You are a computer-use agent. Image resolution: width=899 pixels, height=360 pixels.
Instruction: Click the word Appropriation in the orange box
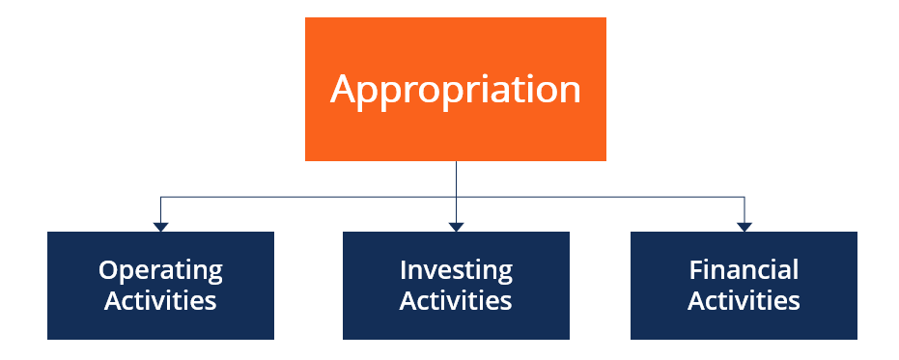[x=455, y=90]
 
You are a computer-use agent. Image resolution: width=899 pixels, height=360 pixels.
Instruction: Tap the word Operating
[x=160, y=270]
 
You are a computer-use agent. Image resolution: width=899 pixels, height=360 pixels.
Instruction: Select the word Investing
[x=456, y=270]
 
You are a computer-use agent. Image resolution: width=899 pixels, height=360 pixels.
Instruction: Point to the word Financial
[x=744, y=270]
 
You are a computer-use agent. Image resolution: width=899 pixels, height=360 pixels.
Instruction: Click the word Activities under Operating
[x=160, y=300]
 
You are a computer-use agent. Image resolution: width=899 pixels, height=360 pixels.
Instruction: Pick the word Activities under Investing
[x=456, y=300]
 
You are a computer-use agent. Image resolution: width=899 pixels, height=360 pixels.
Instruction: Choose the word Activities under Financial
[x=744, y=300]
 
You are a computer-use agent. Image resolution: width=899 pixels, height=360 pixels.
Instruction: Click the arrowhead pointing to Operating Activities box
[x=160, y=226]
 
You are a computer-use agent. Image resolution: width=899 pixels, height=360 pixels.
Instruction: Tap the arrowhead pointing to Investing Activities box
[x=456, y=226]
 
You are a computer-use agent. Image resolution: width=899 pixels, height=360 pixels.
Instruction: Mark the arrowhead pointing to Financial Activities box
[x=744, y=226]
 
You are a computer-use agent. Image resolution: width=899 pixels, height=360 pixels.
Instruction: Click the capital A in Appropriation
[x=343, y=89]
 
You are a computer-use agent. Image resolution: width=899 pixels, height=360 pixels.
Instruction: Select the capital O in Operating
[x=108, y=269]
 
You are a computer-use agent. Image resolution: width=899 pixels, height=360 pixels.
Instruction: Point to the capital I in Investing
[x=404, y=269]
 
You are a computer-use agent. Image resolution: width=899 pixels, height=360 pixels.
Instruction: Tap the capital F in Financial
[x=694, y=269]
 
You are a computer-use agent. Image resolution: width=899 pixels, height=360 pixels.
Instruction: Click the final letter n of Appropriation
[x=570, y=92]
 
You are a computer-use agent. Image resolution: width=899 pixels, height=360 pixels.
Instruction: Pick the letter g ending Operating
[x=215, y=273]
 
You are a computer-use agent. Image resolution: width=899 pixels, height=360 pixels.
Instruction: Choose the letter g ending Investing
[x=505, y=273]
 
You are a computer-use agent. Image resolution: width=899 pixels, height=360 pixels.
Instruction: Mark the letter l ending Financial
[x=796, y=269]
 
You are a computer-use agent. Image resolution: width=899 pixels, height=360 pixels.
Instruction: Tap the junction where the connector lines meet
[x=456, y=198]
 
